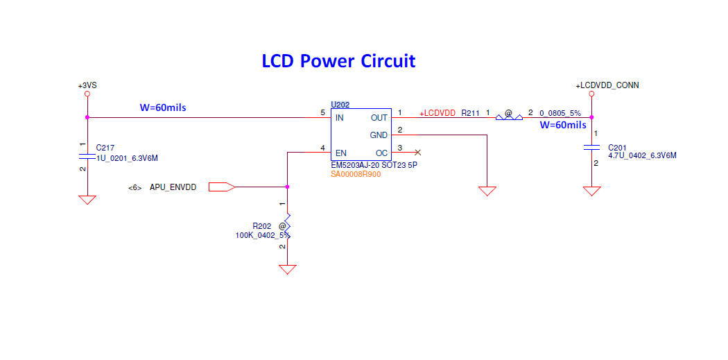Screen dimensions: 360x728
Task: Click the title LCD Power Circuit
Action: tap(338, 61)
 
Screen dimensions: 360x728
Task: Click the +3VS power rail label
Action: tap(87, 85)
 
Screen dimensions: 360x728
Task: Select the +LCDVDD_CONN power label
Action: tap(607, 85)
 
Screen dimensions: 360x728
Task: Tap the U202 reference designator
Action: tap(340, 105)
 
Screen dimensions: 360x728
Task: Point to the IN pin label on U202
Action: tap(340, 118)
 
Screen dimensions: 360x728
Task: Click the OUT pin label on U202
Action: tap(379, 118)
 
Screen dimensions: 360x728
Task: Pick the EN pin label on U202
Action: tap(340, 153)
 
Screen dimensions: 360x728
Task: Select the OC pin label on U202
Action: tap(381, 153)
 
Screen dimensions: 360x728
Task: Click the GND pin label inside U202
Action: tap(379, 135)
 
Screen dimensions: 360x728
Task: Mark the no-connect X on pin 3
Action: tap(417, 152)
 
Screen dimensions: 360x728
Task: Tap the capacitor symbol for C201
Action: tap(591, 147)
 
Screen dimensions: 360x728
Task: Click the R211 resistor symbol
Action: tap(509, 117)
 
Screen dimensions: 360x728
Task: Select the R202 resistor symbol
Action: tap(287, 225)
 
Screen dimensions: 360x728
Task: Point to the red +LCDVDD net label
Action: tap(437, 112)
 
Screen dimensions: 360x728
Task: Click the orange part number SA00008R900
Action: tap(356, 174)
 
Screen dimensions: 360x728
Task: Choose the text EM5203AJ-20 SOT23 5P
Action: tap(374, 166)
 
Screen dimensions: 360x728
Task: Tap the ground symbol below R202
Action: tap(287, 269)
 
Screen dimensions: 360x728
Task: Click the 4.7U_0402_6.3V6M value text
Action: tap(642, 156)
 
